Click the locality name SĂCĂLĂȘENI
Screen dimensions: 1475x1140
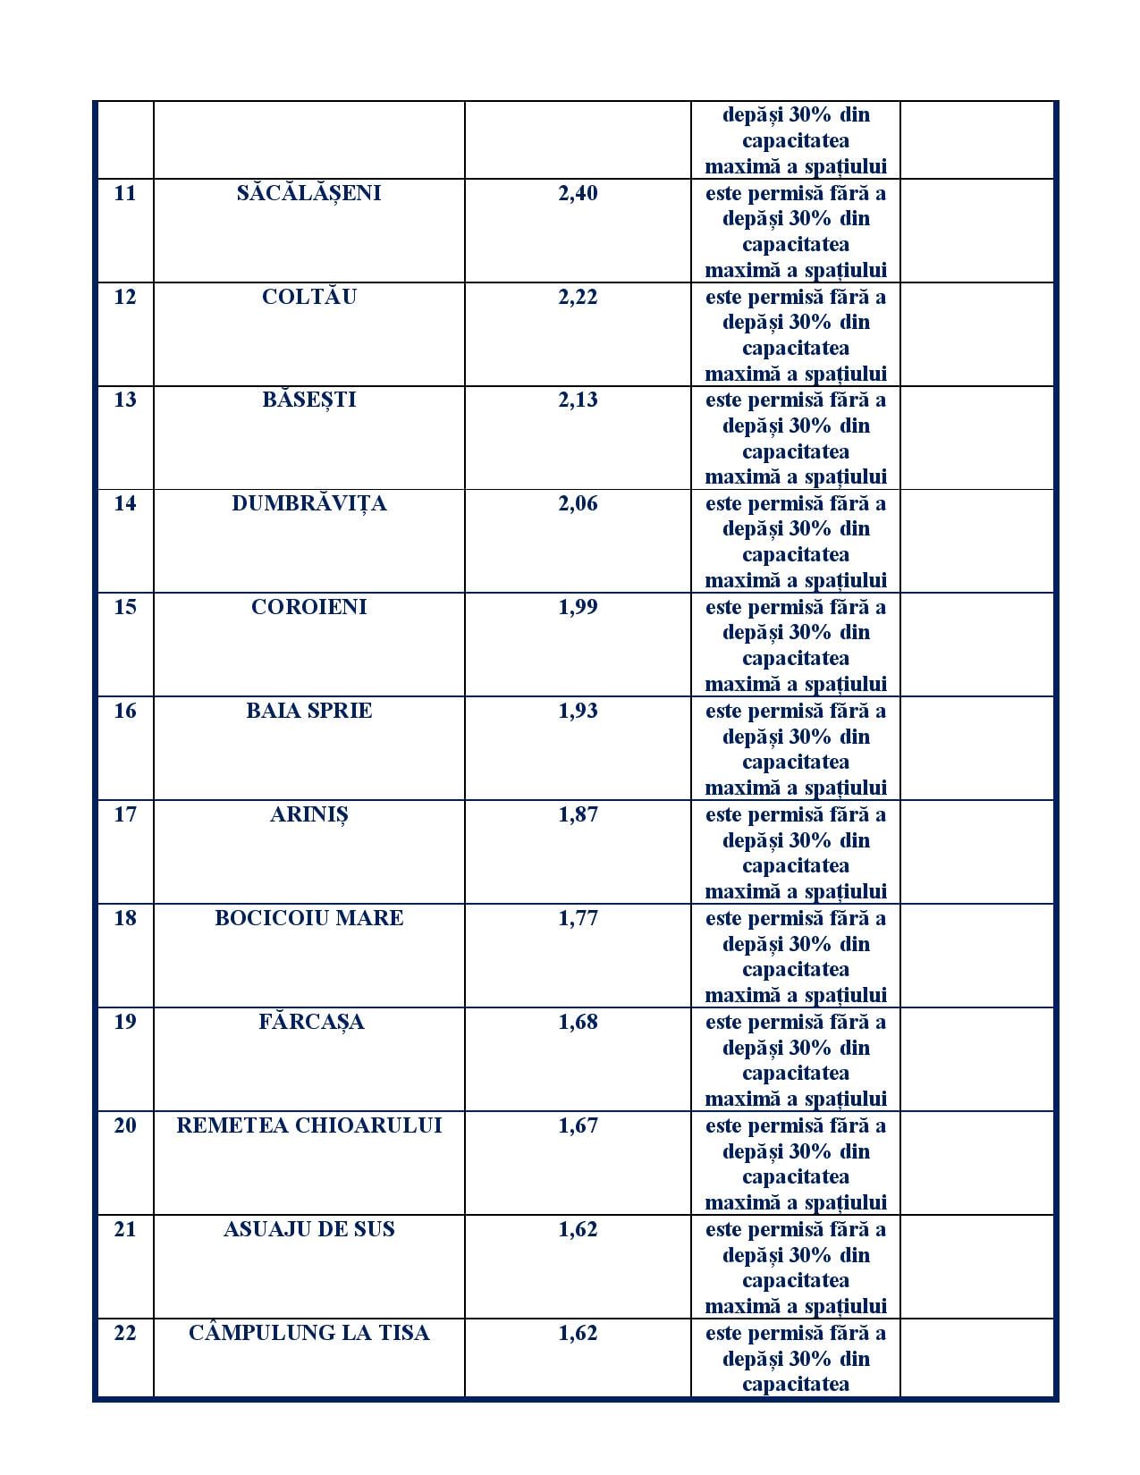(x=308, y=193)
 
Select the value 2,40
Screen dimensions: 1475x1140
(x=578, y=193)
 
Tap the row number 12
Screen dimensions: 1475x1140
(x=125, y=297)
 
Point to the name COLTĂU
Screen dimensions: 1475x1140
(x=308, y=297)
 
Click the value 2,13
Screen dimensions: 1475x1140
(x=578, y=400)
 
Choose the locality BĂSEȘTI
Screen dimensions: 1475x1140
(x=308, y=400)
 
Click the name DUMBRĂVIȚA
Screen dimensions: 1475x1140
(x=308, y=503)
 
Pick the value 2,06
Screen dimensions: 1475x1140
(x=578, y=503)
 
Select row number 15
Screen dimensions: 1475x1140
(x=125, y=607)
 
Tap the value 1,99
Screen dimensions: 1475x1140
(x=578, y=607)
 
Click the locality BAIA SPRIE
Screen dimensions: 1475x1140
(x=308, y=711)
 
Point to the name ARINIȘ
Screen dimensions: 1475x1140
(x=308, y=814)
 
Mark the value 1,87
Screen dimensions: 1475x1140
(x=578, y=814)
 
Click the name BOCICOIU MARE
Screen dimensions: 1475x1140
(x=308, y=918)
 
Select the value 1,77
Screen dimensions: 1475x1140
(x=578, y=918)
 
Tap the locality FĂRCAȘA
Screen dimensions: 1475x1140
(x=310, y=1022)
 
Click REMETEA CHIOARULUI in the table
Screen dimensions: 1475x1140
(x=308, y=1125)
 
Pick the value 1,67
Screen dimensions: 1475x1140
(x=578, y=1125)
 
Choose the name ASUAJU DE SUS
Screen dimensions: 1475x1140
(x=308, y=1229)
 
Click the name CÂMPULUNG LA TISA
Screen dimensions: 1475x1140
(x=308, y=1333)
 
